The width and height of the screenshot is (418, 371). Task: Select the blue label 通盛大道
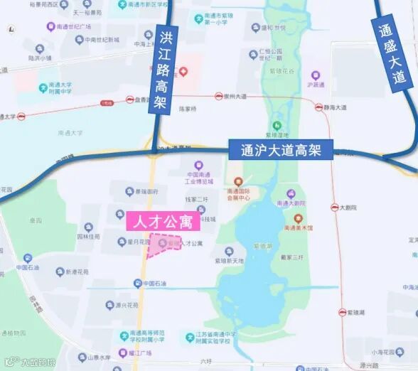pos(392,51)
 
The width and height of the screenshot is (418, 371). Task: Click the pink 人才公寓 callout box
pos(161,221)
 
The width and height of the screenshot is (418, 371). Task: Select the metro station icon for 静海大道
pos(318,107)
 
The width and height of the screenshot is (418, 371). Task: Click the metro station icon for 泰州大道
pos(219,96)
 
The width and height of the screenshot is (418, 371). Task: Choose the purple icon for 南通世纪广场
pos(50,27)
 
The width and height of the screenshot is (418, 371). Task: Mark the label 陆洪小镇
pos(41,58)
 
